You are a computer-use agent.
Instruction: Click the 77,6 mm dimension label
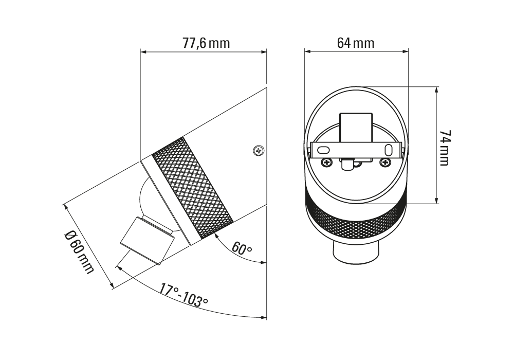(206, 43)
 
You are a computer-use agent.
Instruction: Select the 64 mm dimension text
(356, 43)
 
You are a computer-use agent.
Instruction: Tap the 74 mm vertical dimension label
(445, 148)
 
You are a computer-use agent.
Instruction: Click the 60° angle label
(242, 248)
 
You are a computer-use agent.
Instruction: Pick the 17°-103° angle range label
(184, 294)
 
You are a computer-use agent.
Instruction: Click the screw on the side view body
(259, 151)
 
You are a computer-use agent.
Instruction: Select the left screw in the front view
(326, 162)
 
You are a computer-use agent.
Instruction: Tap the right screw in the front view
(385, 162)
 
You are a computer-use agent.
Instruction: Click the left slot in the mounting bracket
(323, 150)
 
